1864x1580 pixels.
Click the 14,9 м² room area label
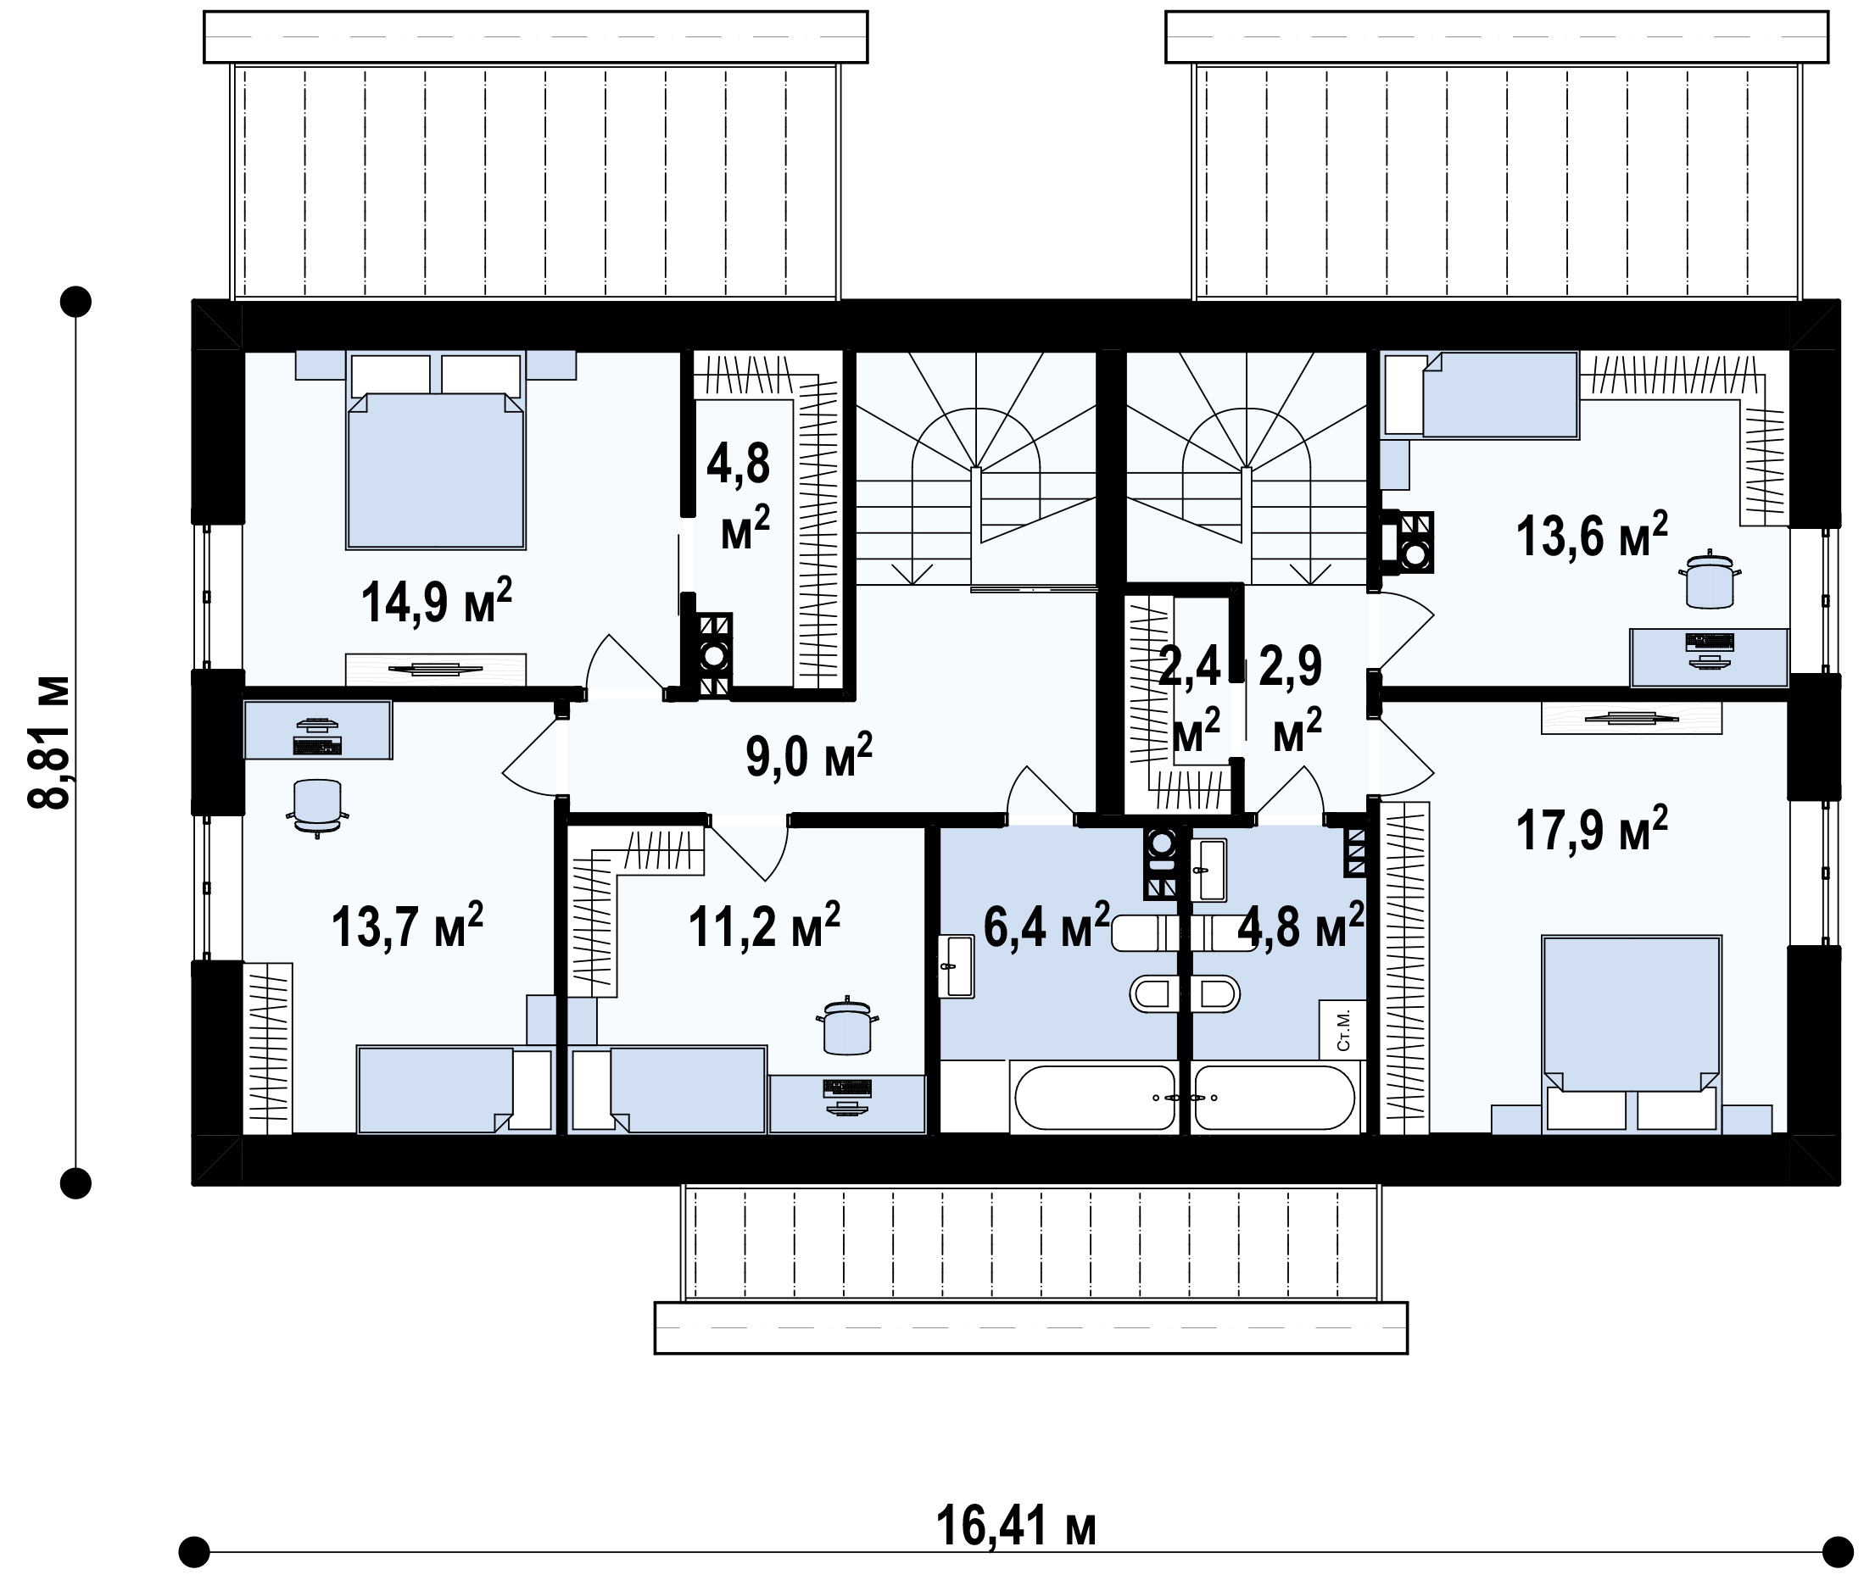(437, 601)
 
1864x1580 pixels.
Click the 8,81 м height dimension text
(48, 742)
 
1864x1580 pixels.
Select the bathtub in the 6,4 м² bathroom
(1094, 1097)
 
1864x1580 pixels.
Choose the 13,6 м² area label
(1592, 536)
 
